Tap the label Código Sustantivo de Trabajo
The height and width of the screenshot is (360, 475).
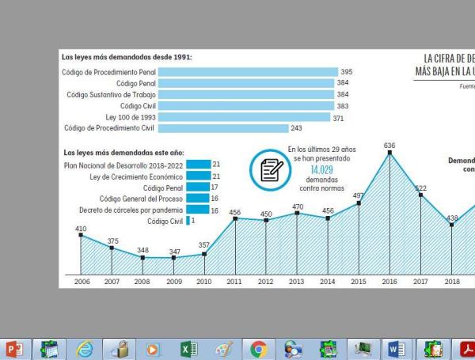(x=111, y=94)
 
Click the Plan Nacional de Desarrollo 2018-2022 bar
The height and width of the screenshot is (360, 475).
(x=198, y=165)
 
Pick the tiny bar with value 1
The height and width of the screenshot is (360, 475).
(x=188, y=222)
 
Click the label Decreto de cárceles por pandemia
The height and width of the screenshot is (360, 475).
(x=131, y=210)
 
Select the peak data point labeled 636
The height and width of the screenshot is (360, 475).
(x=389, y=153)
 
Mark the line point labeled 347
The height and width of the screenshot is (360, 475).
(x=173, y=258)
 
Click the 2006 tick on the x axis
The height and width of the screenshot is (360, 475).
(x=81, y=281)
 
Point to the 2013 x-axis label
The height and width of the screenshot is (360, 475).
(x=296, y=281)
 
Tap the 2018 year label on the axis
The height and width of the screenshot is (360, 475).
(x=452, y=281)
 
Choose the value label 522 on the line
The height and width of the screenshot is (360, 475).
(x=421, y=188)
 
